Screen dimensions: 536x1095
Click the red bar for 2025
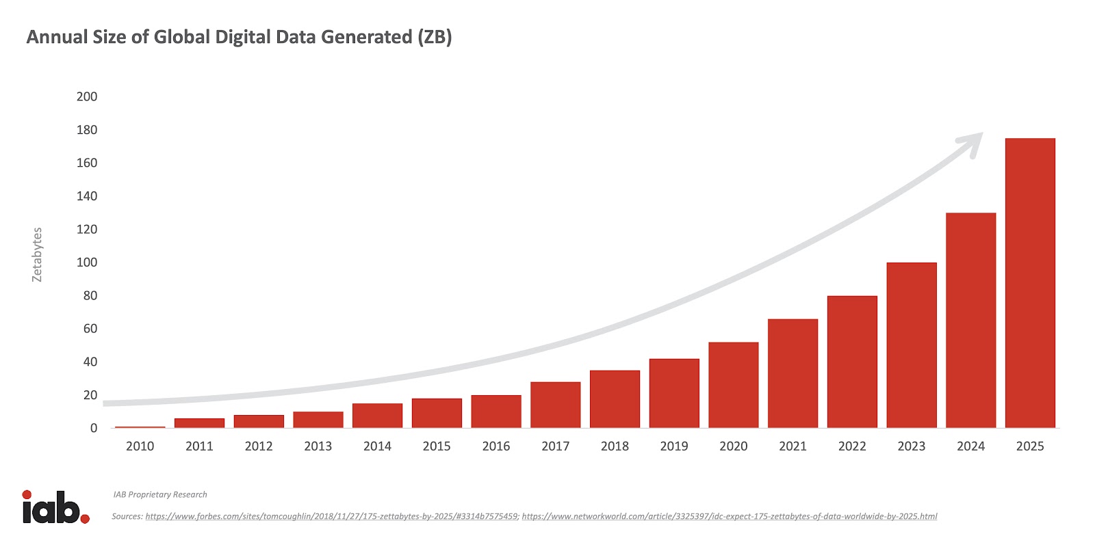pyautogui.click(x=1030, y=283)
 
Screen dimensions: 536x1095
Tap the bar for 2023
pyautogui.click(x=912, y=345)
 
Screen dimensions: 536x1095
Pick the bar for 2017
pyautogui.click(x=555, y=405)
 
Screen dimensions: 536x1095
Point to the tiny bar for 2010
pyautogui.click(x=140, y=427)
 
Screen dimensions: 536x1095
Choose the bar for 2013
pyautogui.click(x=318, y=420)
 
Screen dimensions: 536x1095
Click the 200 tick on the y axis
pyautogui.click(x=87, y=96)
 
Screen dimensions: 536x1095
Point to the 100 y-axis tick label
pyautogui.click(x=87, y=263)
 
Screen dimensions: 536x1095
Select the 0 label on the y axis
pyautogui.click(x=94, y=429)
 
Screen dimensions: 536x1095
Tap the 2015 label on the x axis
pyautogui.click(x=437, y=446)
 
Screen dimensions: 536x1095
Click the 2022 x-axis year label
pyautogui.click(x=852, y=446)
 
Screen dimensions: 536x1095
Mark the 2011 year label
pyautogui.click(x=199, y=446)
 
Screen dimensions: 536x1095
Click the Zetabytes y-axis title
pyautogui.click(x=37, y=254)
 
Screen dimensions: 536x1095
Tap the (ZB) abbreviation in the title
pyautogui.click(x=435, y=37)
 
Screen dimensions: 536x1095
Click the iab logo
pyautogui.click(x=55, y=507)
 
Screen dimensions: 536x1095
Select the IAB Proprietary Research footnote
pyautogui.click(x=160, y=494)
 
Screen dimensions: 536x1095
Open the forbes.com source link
pyautogui.click(x=331, y=516)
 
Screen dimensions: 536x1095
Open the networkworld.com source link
pyautogui.click(x=729, y=516)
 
